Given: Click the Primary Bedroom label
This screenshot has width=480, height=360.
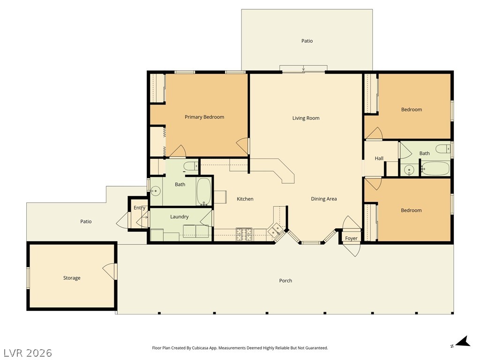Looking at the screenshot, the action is point(204,117).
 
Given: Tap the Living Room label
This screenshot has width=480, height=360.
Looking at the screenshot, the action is point(306,118).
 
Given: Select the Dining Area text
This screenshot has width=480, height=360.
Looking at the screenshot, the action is point(324,199).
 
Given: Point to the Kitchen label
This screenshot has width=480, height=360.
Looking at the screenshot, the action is point(245,199).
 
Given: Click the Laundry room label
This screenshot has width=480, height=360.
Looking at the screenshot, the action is point(180,217).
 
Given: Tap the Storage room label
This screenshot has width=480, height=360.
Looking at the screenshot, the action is point(72,278).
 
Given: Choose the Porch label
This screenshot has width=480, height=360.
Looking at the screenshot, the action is point(285,280).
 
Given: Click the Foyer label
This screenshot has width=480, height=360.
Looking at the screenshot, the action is point(351,238).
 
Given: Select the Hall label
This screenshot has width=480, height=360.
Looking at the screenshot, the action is point(379,158).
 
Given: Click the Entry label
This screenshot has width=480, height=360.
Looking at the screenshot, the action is point(140,208).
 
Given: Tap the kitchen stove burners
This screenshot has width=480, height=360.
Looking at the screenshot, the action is point(244,234).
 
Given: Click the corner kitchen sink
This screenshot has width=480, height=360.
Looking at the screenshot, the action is point(275,230).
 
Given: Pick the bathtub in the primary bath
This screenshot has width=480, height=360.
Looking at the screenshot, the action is point(203,192).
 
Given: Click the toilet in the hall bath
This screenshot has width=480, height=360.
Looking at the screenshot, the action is point(442,149).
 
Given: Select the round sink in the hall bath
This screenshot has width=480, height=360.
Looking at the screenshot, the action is point(409,170).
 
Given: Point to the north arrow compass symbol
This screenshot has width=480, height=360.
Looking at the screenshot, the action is point(462,342).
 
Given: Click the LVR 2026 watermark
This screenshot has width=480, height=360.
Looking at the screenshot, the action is point(28,352).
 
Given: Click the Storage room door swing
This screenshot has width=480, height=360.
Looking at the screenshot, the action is point(109,271).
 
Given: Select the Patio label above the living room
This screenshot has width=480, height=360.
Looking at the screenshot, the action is point(307,41).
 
